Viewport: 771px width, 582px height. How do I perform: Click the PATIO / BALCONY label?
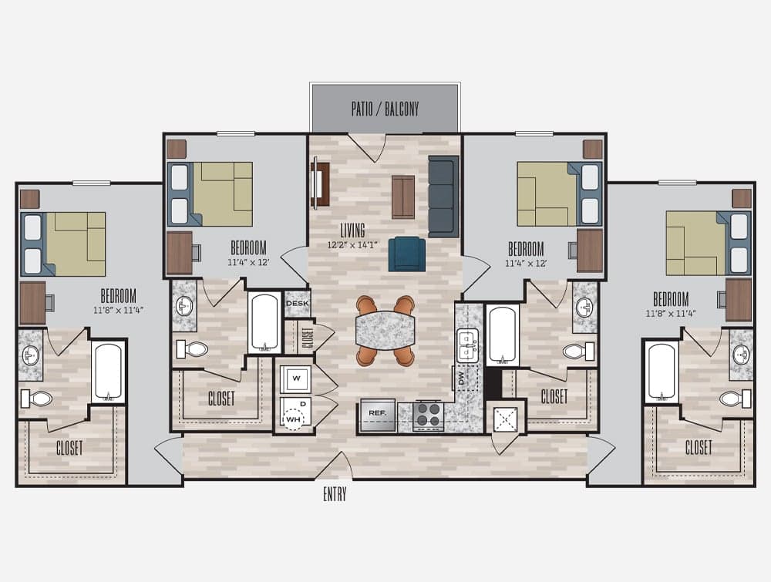[385, 109]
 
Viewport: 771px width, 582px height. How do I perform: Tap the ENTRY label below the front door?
[335, 494]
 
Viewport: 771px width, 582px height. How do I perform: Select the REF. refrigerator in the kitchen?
[378, 415]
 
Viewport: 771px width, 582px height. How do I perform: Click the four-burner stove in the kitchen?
[429, 415]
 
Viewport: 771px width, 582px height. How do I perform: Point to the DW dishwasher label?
[461, 378]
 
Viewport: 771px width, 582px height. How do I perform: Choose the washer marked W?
[296, 378]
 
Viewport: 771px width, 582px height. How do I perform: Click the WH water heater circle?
[294, 419]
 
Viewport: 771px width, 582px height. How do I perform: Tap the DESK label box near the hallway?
[297, 304]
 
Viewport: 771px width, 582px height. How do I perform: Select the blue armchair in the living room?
[407, 254]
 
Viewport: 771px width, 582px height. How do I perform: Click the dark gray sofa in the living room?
[443, 197]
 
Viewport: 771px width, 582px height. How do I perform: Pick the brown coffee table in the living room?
[403, 197]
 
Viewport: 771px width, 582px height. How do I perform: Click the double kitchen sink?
[466, 346]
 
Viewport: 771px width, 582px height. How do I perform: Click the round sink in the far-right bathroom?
[742, 355]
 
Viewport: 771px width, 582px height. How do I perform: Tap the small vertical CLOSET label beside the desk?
[308, 338]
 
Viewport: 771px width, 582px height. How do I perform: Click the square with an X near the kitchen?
[506, 419]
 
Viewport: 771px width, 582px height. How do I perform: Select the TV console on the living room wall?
[320, 183]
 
